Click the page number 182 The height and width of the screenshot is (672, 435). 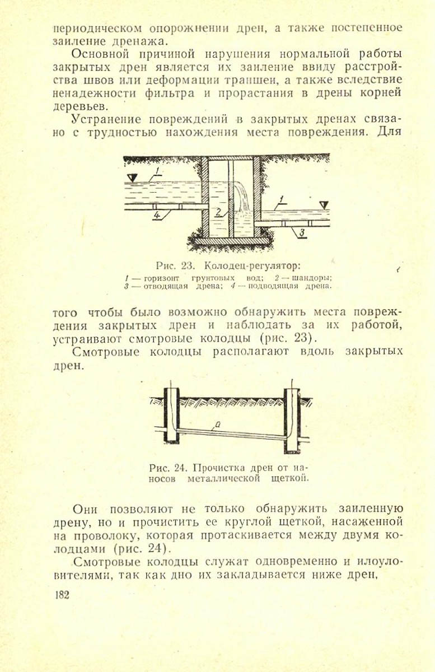click(x=62, y=594)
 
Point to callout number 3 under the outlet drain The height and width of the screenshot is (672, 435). click(x=301, y=232)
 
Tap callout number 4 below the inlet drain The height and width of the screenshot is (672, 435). click(x=157, y=214)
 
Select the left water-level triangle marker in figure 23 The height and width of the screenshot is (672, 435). click(x=132, y=178)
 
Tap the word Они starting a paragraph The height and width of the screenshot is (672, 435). click(x=87, y=510)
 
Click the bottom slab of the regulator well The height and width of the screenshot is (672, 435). click(x=231, y=241)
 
